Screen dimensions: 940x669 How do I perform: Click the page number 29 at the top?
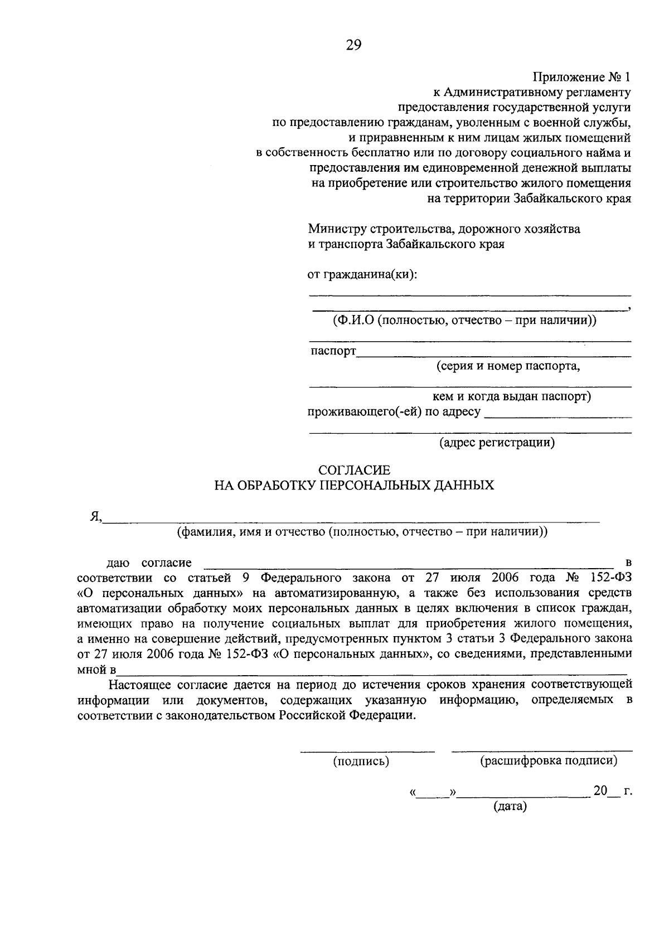[353, 45]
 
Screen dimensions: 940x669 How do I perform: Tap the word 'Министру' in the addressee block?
[335, 229]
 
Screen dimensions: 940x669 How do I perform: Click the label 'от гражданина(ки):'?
[362, 274]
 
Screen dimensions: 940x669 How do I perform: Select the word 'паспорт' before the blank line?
[333, 351]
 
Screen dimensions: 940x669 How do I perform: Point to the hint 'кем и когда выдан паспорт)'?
[512, 396]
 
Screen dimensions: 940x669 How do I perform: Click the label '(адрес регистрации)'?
[497, 443]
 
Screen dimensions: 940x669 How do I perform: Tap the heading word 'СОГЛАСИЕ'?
[354, 471]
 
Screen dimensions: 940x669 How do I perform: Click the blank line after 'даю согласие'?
[410, 564]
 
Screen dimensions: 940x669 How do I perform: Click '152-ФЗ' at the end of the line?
[610, 577]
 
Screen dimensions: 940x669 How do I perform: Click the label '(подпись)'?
[361, 762]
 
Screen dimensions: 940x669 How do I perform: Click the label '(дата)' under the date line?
[510, 806]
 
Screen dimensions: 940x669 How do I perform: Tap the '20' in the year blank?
[599, 791]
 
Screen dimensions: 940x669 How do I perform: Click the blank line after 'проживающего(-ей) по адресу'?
[557, 414]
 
